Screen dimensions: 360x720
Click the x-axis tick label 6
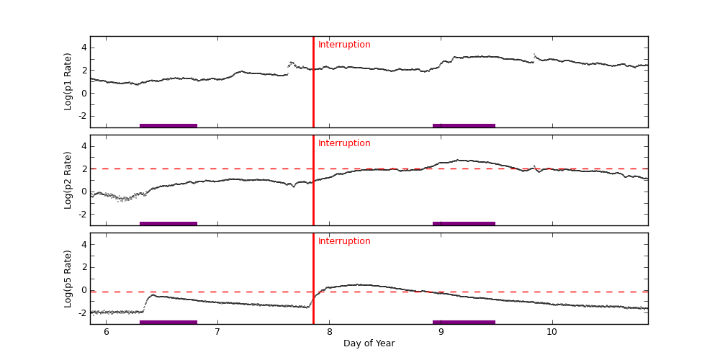[106, 331]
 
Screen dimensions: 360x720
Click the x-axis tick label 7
[217, 331]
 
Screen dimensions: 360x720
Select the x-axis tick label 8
[329, 331]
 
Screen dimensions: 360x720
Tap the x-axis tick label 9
[441, 331]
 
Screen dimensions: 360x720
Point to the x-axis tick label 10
[552, 331]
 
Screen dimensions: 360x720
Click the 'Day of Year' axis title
[369, 343]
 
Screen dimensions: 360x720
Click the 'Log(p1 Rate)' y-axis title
[68, 81]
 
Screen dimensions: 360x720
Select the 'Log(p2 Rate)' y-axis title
[68, 180]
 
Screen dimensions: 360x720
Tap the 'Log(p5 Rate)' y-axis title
[68, 279]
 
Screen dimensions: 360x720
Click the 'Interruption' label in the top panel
[344, 45]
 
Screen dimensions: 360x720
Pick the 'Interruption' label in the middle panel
[344, 143]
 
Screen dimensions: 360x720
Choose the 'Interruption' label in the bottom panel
[344, 241]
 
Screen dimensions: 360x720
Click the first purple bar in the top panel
[168, 125]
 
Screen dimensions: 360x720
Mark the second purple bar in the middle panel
[464, 223]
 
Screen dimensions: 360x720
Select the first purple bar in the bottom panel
[168, 322]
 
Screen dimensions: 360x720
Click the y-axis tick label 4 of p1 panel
[84, 48]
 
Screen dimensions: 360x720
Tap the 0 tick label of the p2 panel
[84, 192]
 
